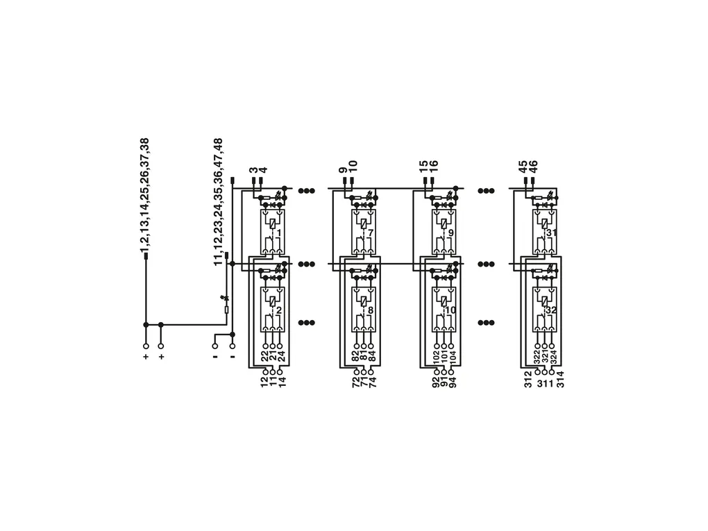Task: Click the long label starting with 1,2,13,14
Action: tap(144, 195)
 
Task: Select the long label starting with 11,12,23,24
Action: tap(218, 202)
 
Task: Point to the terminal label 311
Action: tap(545, 385)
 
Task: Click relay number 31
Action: tap(551, 233)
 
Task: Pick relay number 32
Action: tap(551, 311)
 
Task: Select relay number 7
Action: tap(370, 233)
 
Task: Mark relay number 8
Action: tap(370, 311)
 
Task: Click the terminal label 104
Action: tap(453, 358)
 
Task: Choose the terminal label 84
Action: tap(372, 356)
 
